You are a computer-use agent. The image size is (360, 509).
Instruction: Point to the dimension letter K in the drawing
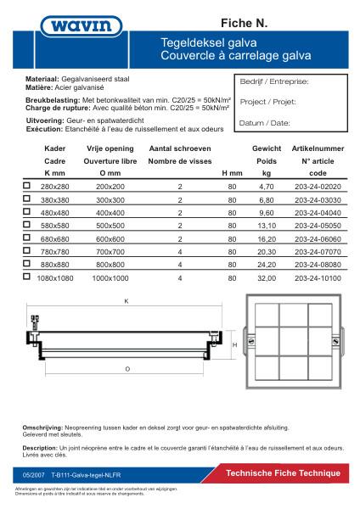coord(125,300)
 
